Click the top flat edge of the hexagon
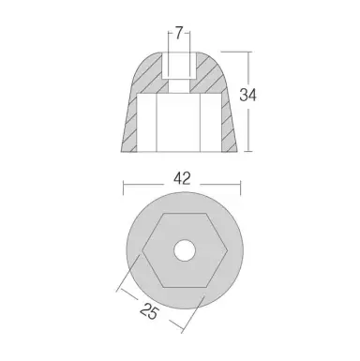point(182,215)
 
